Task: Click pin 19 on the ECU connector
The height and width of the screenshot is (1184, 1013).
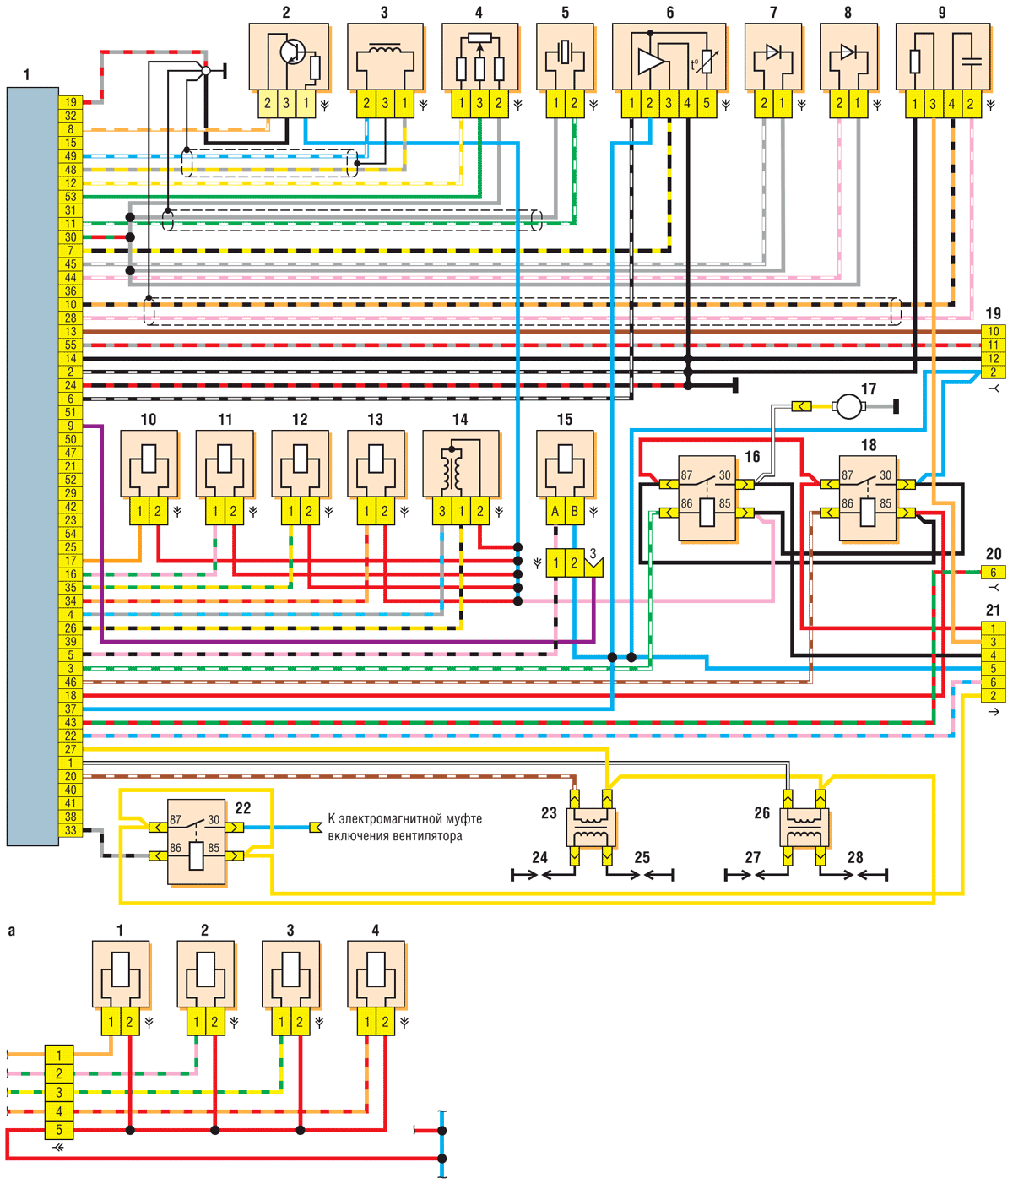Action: (x=70, y=102)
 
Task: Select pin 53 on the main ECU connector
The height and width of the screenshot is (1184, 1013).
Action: (x=70, y=197)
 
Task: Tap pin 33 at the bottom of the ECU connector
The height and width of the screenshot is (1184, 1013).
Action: (x=70, y=830)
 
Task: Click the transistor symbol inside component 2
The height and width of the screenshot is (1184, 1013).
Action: (x=293, y=52)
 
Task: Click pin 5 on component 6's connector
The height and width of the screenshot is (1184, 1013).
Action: (x=706, y=104)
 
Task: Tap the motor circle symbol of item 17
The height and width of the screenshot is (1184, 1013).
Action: (x=848, y=406)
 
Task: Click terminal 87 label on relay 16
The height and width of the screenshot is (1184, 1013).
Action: (x=686, y=475)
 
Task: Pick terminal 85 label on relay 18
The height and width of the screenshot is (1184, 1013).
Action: (x=886, y=503)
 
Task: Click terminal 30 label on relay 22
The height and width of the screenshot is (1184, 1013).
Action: (x=214, y=820)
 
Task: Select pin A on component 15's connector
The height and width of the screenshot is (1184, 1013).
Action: (x=555, y=512)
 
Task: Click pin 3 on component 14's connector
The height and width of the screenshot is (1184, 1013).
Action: (x=442, y=512)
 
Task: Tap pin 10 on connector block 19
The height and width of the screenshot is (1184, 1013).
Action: (x=993, y=331)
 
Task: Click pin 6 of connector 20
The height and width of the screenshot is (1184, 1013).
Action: (x=993, y=572)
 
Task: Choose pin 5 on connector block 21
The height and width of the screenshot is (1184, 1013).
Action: (x=993, y=669)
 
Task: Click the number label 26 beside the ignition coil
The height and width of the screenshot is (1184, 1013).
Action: (x=761, y=812)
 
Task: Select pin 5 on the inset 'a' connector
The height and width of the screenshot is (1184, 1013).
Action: (x=59, y=1130)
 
